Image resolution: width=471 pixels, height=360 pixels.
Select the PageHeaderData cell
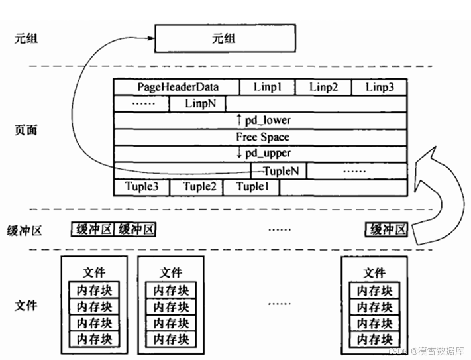178,88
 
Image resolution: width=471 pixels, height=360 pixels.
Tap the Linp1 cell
268,88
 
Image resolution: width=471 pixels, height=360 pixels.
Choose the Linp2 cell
323,88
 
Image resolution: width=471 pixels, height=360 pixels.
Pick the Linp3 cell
379,88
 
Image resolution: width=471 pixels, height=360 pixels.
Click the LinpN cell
197,104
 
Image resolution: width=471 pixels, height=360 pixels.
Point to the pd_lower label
263,120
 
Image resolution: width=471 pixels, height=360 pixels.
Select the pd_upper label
263,153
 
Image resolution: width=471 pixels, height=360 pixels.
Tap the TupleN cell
278,170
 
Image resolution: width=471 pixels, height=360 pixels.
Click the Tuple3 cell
141,187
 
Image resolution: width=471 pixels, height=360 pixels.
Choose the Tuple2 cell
196,187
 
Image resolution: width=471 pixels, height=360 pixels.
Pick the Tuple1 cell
252,187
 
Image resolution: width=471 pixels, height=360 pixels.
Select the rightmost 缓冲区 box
387,230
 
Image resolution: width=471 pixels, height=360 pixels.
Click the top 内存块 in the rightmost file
374,290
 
